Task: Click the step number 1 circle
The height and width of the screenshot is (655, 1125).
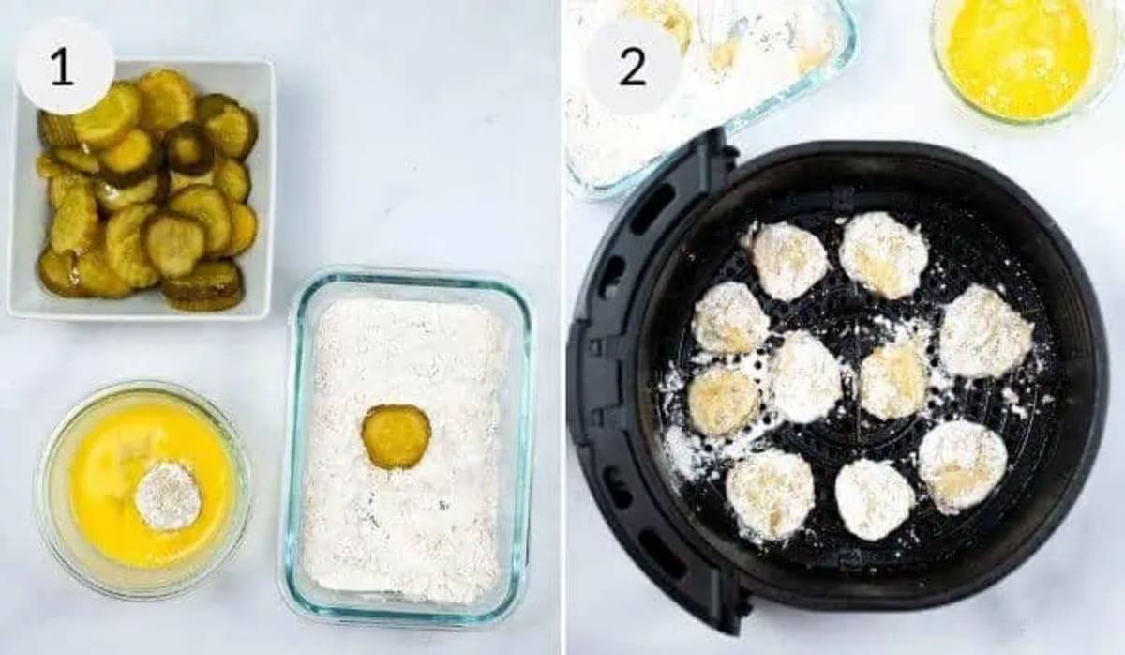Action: click(x=65, y=65)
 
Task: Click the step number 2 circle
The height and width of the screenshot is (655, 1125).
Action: click(x=634, y=65)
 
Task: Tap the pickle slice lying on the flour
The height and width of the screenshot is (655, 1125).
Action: click(x=396, y=435)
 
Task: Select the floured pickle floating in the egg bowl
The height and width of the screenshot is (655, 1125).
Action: click(x=168, y=495)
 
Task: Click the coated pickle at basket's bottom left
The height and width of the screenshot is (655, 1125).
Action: click(x=771, y=495)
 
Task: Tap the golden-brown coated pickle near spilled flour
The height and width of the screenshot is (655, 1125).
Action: click(x=723, y=400)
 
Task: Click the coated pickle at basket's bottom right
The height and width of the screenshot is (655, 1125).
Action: click(x=962, y=465)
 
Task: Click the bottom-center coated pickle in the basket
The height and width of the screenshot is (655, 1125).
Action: click(x=874, y=498)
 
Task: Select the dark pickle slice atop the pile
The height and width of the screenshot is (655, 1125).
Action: click(x=189, y=148)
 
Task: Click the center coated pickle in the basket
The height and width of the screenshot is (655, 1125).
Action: click(x=805, y=376)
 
